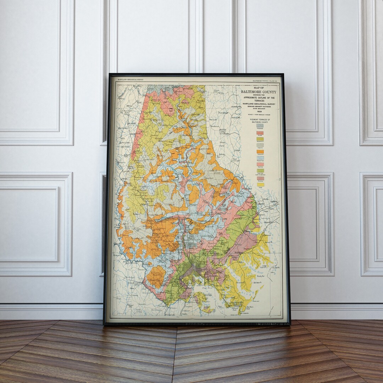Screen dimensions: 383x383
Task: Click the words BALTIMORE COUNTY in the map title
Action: pyautogui.click(x=259, y=92)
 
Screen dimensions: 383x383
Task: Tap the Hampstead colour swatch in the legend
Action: pyautogui.click(x=260, y=126)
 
